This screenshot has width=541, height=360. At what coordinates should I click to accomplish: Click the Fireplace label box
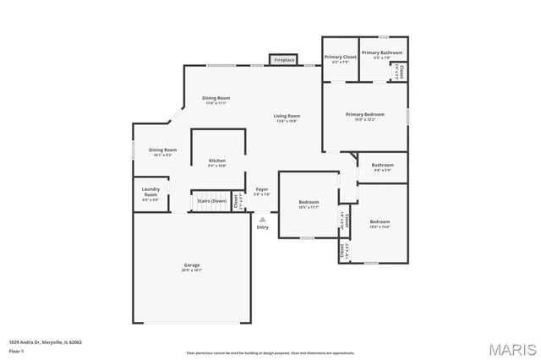(x=284, y=60)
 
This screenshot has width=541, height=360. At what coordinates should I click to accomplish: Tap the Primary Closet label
(x=340, y=58)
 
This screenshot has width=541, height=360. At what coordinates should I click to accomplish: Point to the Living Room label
(x=287, y=117)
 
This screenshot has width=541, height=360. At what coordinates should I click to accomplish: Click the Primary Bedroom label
(x=365, y=116)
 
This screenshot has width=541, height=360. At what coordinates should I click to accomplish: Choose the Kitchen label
(x=217, y=162)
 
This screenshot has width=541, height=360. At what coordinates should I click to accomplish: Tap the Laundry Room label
(x=150, y=193)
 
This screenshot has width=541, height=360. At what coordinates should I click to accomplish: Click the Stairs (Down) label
(x=211, y=201)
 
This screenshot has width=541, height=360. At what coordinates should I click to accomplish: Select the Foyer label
(x=262, y=191)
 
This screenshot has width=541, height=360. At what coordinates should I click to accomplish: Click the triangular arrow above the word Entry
(x=262, y=219)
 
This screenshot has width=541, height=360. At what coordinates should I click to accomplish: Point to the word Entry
(x=262, y=226)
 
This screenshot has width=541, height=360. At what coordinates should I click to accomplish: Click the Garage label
(x=192, y=267)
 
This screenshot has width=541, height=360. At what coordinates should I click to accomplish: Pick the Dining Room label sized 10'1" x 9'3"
(x=162, y=152)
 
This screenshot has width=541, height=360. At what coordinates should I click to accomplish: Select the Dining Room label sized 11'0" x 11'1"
(x=216, y=100)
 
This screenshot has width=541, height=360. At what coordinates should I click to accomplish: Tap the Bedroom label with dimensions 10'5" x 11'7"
(x=308, y=205)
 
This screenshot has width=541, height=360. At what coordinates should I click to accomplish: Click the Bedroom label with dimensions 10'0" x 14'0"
(x=380, y=223)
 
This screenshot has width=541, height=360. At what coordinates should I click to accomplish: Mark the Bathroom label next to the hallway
(x=383, y=166)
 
